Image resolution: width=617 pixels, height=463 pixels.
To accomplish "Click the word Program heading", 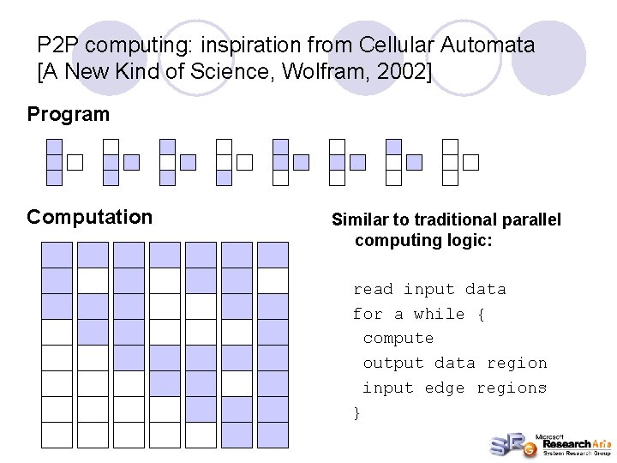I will (69, 114).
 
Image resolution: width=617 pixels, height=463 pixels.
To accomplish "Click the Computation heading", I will (89, 217).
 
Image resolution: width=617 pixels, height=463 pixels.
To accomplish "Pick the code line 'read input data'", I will (429, 289).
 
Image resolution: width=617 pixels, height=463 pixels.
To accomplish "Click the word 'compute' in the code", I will (398, 338).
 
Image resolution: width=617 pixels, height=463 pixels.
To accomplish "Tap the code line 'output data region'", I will (454, 363).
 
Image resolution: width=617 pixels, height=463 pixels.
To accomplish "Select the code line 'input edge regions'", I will (454, 388).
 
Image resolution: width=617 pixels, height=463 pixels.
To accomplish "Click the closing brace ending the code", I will (357, 412).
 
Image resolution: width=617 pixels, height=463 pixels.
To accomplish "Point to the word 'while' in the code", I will (439, 314).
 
